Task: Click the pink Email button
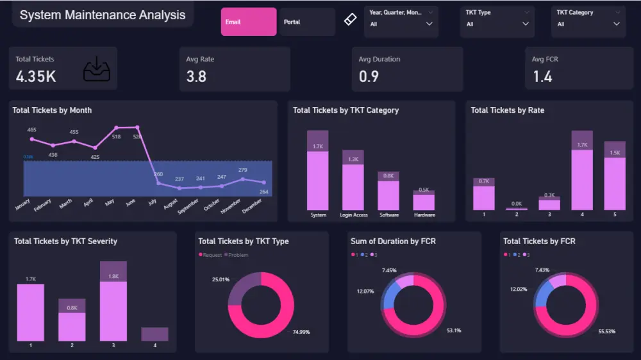pos(249,22)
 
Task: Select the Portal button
pos(306,22)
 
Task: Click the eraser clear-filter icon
pos(349,20)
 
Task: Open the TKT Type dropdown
pos(498,24)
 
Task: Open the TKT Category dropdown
pos(588,24)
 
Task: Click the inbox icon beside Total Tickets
pos(97,69)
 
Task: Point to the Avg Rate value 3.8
pos(196,76)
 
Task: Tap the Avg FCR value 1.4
pos(542,76)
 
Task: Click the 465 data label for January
pos(31,130)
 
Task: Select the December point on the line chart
pos(263,183)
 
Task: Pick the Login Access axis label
pos(353,215)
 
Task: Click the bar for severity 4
pos(154,334)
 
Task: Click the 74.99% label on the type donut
pos(301,332)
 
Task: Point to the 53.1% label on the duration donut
pos(453,331)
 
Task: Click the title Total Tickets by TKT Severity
pos(65,241)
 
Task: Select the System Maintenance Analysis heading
pos(103,15)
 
